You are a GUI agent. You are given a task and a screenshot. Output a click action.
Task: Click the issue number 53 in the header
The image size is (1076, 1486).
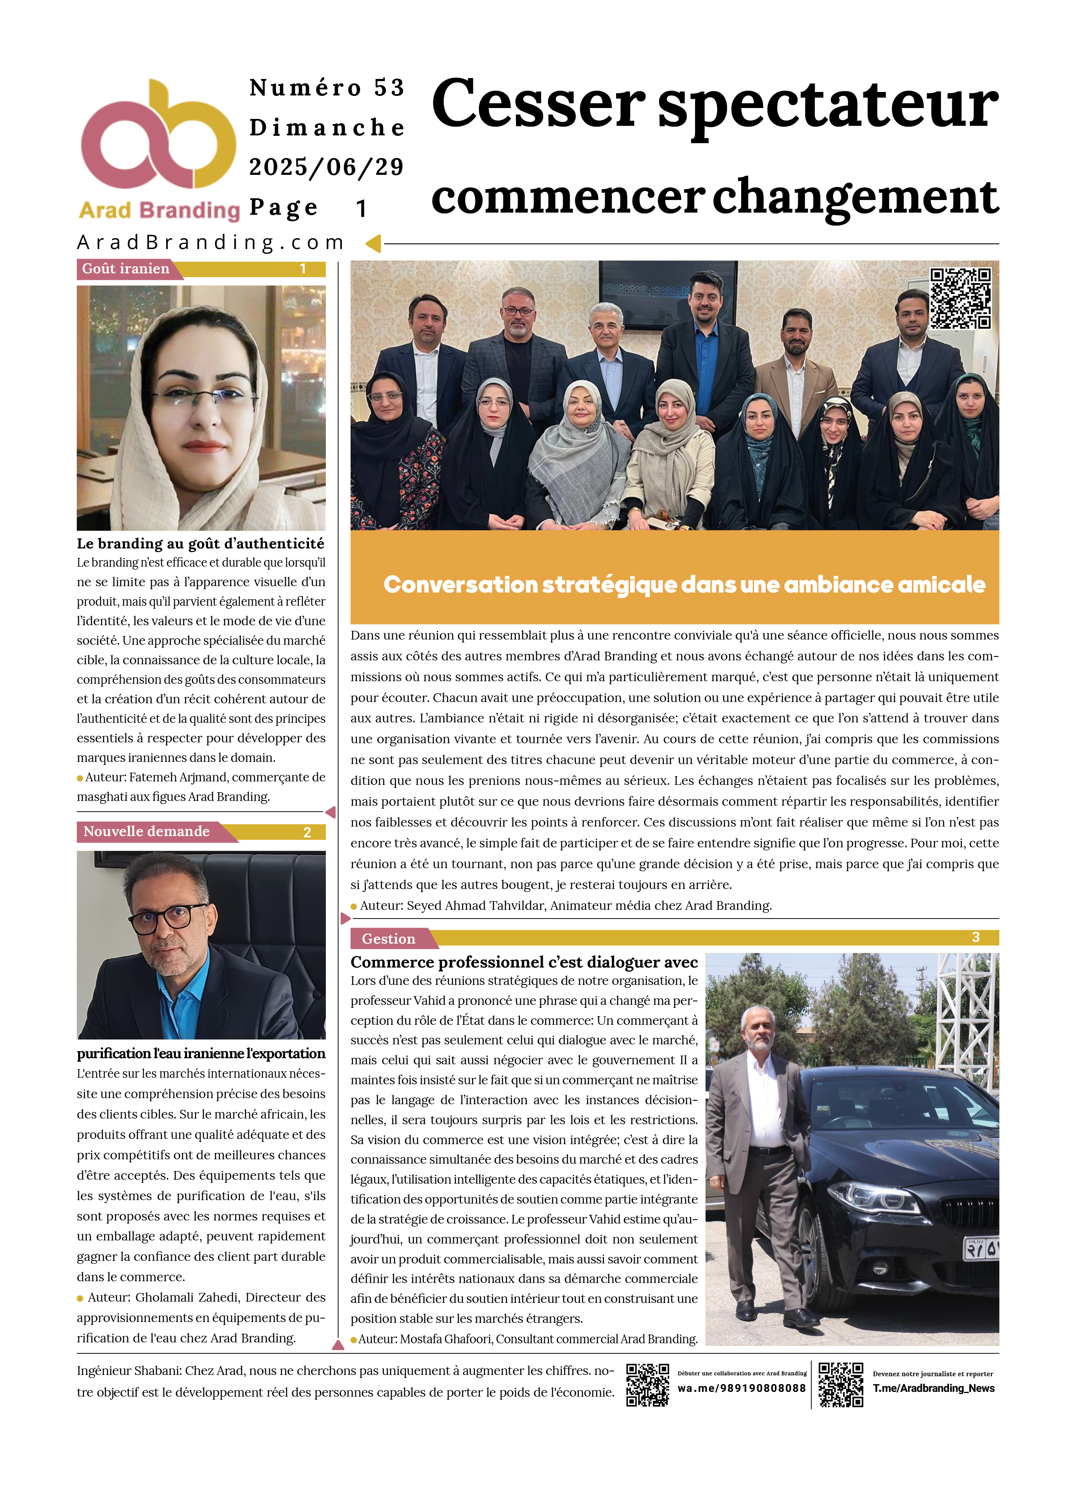(x=389, y=88)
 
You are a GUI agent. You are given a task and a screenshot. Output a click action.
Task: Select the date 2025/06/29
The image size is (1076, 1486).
(x=326, y=167)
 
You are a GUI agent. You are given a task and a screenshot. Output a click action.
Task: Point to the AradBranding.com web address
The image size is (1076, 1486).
(x=211, y=243)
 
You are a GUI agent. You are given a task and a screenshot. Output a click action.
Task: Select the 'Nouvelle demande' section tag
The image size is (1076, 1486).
(x=147, y=831)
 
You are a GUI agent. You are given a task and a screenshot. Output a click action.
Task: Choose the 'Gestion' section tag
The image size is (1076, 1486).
(x=389, y=939)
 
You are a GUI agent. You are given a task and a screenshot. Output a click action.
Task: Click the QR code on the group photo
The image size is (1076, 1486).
(x=960, y=298)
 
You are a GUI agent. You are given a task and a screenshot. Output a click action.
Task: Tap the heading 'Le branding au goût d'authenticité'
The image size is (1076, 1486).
(x=200, y=544)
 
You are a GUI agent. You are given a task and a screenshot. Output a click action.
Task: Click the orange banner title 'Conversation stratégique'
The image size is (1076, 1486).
(x=684, y=584)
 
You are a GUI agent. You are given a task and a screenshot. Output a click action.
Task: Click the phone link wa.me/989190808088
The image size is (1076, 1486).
(x=741, y=1388)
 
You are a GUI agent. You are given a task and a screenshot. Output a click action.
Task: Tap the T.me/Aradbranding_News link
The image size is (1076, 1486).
(x=933, y=1388)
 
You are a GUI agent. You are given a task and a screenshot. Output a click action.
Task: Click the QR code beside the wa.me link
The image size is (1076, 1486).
(x=647, y=1385)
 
